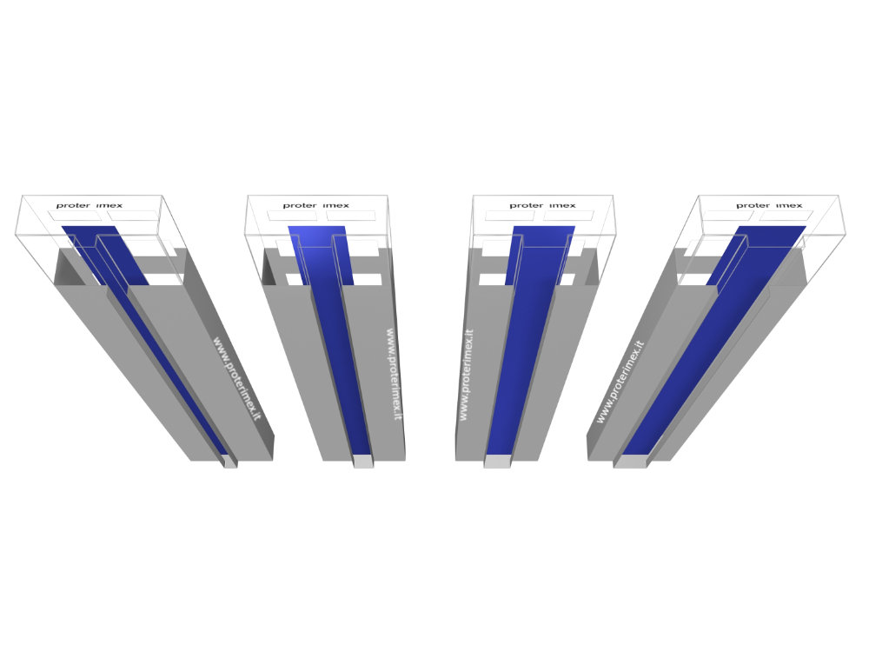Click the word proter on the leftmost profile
click(73, 206)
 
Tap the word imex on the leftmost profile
click(109, 206)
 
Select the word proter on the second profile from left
click(300, 206)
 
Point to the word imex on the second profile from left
click(335, 206)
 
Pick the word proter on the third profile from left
click(527, 206)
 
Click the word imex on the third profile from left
click(562, 206)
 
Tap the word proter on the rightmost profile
click(753, 206)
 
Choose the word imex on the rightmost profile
click(789, 206)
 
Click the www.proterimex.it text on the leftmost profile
click(236, 378)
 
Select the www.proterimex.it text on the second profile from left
click(394, 374)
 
